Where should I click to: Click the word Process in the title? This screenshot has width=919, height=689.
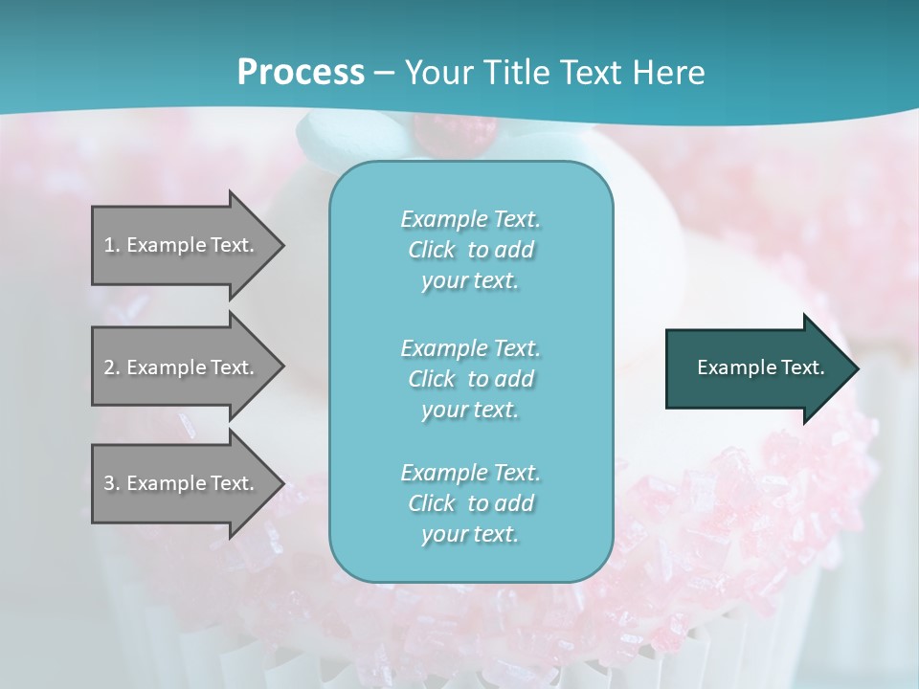(301, 73)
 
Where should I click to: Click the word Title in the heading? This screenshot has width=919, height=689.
(513, 73)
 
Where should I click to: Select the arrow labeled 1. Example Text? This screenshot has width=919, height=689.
(182, 245)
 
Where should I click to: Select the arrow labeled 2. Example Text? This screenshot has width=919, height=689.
(182, 367)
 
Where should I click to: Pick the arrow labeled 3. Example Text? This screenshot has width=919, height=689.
(182, 483)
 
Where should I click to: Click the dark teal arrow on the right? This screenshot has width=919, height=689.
(756, 368)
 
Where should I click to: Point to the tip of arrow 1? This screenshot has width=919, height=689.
(282, 245)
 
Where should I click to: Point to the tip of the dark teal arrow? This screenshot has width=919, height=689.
(857, 368)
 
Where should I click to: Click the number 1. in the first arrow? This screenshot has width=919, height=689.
(112, 245)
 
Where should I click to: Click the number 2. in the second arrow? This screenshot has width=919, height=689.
(112, 367)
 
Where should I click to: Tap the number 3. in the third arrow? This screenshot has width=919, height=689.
(112, 483)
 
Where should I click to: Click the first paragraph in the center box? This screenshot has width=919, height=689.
(470, 250)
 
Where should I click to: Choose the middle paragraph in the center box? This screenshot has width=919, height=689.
(470, 379)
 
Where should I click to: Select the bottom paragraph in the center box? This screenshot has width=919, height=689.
(470, 503)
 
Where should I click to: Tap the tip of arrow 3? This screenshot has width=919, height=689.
(282, 483)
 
